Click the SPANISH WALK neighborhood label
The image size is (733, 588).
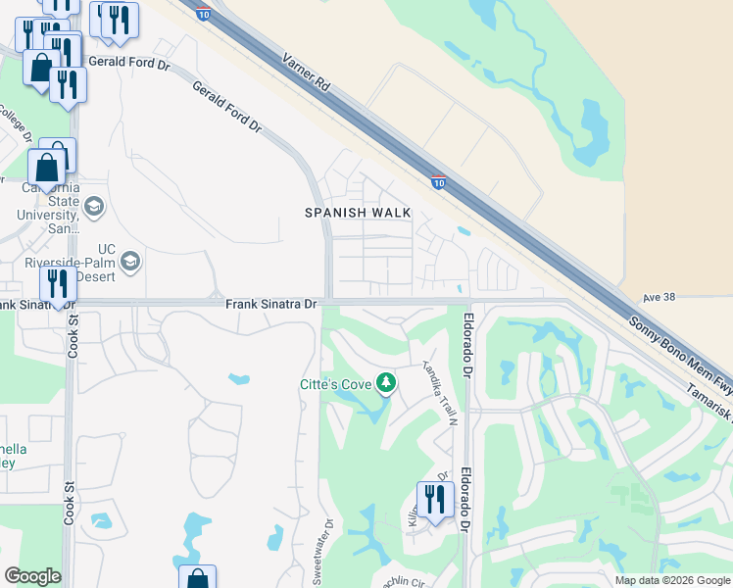pyautogui.click(x=357, y=213)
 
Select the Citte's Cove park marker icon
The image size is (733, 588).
pyautogui.click(x=387, y=382)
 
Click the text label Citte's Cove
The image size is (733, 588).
pyautogui.click(x=335, y=384)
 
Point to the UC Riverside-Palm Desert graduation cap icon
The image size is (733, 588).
pyautogui.click(x=130, y=262)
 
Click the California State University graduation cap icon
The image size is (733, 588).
pyautogui.click(x=94, y=206)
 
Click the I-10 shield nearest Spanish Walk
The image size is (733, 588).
pyautogui.click(x=438, y=181)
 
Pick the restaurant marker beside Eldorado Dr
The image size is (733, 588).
pyautogui.click(x=434, y=500)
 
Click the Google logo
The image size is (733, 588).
pyautogui.click(x=32, y=576)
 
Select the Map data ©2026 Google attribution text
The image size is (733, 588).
pyautogui.click(x=672, y=580)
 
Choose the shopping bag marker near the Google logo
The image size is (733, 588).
pyautogui.click(x=197, y=579)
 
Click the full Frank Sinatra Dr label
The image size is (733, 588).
pyautogui.click(x=271, y=305)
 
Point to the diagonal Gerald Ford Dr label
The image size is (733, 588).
pyautogui.click(x=227, y=107)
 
